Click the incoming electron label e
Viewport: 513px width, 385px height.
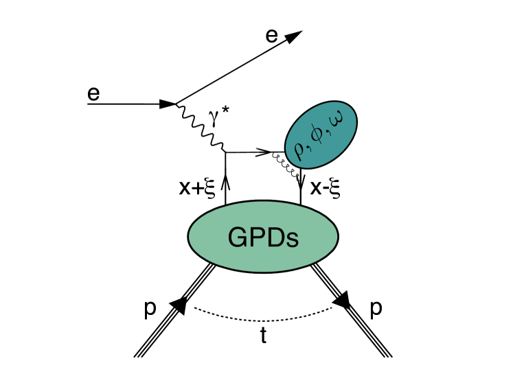coord(93,93)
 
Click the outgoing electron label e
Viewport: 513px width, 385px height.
coord(272,36)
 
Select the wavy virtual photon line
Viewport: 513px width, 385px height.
coord(201,128)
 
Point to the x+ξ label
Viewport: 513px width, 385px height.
coord(198,188)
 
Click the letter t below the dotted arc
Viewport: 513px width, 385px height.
coord(263,337)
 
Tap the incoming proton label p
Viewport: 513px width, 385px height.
coord(150,309)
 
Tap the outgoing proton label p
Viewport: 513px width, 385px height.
coord(376,309)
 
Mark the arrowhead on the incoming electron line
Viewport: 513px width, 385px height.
coord(168,104)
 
